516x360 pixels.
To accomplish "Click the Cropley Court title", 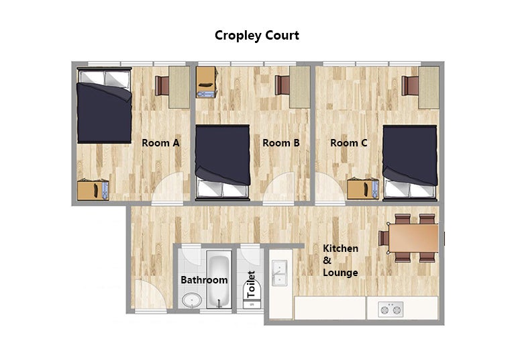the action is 257,36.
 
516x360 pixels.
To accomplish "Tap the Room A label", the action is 160,143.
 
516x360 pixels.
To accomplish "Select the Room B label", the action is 281,143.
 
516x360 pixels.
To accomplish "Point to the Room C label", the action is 349,143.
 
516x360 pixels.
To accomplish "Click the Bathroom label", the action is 204,280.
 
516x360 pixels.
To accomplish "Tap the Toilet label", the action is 251,284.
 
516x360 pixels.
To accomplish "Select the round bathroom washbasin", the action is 192,300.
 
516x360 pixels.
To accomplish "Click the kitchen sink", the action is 279,273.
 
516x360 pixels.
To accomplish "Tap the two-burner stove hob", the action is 391,310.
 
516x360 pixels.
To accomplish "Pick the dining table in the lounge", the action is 413,238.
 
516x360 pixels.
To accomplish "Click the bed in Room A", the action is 104,105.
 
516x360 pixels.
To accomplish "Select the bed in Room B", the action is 222,163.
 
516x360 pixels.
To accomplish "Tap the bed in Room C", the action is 410,163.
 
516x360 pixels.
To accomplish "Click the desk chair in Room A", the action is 162,86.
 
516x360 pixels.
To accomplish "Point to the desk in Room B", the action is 299,87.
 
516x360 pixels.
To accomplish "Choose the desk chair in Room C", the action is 410,86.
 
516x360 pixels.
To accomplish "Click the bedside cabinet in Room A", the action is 93,190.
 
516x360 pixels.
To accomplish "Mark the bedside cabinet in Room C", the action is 363,189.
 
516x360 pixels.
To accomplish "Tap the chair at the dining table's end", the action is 384,238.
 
